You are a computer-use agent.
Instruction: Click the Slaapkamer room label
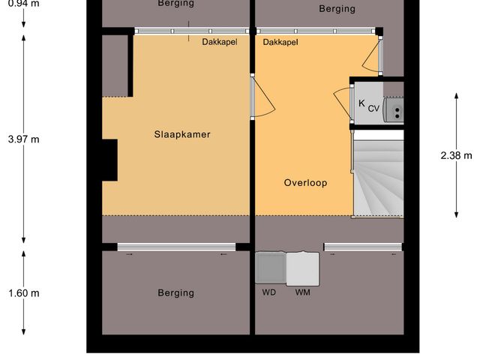tap(182, 135)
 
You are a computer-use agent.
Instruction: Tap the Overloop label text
tap(305, 182)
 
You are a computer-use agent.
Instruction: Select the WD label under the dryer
tap(268, 292)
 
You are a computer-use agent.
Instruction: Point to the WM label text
tap(302, 292)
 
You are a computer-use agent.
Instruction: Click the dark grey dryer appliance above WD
tap(270, 267)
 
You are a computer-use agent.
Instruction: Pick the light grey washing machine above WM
tap(302, 267)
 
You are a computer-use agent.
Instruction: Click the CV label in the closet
tap(373, 108)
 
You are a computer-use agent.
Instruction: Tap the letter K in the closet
tap(361, 103)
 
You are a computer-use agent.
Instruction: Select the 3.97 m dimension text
tap(23, 139)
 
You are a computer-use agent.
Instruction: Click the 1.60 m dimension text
tap(23, 293)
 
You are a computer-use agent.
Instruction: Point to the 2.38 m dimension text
tap(457, 156)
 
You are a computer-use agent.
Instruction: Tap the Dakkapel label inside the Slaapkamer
tap(219, 42)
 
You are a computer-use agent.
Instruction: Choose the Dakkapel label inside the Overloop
tap(280, 42)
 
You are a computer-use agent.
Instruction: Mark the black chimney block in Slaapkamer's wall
tap(109, 160)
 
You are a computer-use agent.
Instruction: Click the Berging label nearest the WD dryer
tap(175, 292)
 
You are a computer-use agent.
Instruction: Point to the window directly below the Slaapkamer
tap(176, 247)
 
